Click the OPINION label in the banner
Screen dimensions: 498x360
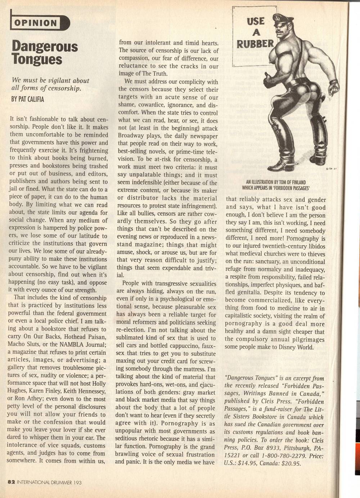(36, 23)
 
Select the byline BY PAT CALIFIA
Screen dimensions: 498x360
(28, 99)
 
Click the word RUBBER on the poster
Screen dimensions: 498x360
(255, 44)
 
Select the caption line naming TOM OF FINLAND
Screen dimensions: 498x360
(276, 182)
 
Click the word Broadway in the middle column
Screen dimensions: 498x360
(132, 136)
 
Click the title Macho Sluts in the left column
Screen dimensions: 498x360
(24, 344)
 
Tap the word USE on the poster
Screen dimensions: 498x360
(256, 21)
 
